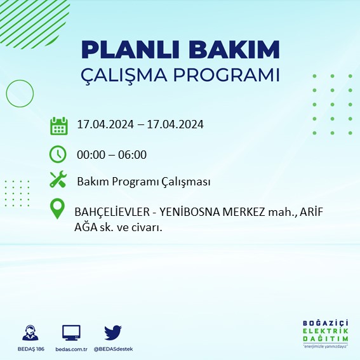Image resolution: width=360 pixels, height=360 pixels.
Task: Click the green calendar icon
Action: [58, 125]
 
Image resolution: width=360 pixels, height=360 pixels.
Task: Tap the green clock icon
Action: [58, 154]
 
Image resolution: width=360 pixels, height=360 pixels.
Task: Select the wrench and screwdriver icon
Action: [58, 180]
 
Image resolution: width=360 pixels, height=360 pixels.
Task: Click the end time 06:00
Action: [133, 154]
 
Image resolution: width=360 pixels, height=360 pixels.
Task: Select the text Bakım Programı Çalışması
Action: [143, 182]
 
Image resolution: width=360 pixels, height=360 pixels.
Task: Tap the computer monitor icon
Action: [71, 333]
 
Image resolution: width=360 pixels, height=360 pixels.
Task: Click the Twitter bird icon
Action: [113, 332]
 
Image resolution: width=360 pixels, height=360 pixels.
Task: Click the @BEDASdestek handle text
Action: [113, 349]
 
